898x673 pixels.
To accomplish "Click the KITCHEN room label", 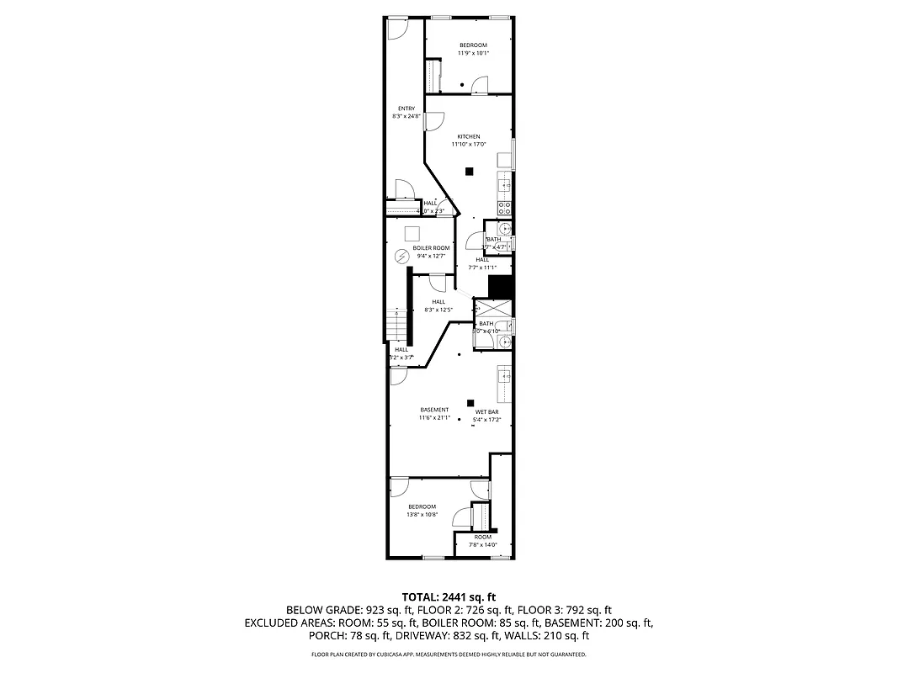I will click(469, 136).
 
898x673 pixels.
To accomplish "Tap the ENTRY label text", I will click(406, 109).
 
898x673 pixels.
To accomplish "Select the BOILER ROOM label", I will click(431, 248).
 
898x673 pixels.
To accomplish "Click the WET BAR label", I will click(487, 411).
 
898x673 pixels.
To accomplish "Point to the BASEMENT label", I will click(435, 410).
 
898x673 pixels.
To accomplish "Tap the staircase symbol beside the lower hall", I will click(396, 324).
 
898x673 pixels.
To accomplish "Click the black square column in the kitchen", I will click(470, 172).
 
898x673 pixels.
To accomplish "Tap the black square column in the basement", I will click(470, 403).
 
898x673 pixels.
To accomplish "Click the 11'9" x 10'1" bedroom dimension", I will click(473, 53).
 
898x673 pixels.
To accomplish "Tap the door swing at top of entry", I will click(397, 28).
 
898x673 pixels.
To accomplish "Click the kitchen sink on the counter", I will click(504, 185).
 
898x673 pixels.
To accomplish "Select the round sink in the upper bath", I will click(503, 228).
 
